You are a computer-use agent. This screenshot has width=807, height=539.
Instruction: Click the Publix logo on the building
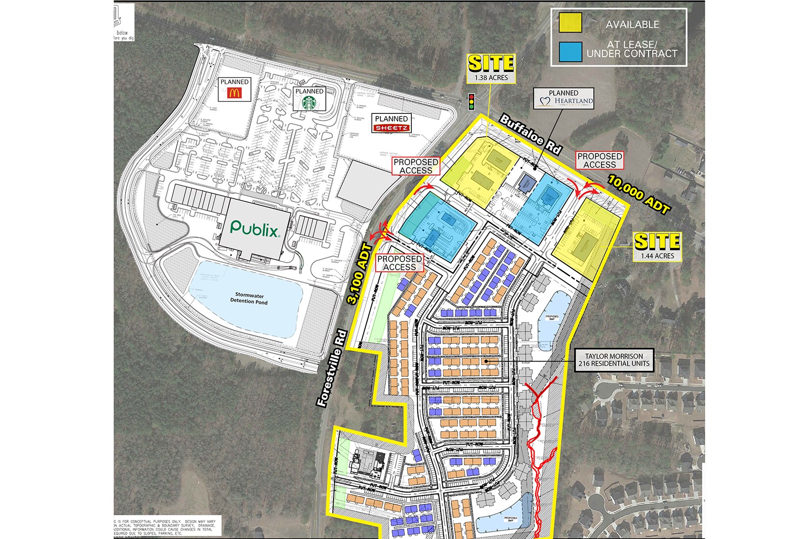255,228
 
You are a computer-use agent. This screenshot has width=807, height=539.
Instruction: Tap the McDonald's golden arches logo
234,92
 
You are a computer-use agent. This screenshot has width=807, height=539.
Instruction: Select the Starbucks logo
309,103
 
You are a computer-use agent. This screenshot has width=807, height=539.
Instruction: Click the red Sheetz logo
391,128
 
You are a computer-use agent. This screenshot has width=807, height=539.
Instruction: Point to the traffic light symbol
472,101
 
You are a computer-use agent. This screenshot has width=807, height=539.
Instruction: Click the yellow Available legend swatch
570,23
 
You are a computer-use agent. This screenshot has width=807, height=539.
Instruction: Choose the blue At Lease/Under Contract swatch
570,51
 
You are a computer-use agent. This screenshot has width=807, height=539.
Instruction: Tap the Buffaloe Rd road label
530,134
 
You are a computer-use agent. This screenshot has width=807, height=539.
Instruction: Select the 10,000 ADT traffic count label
638,195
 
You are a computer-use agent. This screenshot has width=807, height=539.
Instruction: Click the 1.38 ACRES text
491,78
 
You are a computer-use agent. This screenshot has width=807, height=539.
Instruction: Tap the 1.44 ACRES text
657,256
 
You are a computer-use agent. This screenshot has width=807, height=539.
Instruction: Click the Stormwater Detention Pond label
249,298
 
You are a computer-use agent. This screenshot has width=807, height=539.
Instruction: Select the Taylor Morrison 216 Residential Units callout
614,360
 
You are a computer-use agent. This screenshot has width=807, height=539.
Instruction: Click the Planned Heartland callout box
563,98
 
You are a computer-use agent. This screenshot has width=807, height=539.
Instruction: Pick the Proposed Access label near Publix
416,166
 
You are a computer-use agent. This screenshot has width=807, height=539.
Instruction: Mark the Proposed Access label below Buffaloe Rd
600,161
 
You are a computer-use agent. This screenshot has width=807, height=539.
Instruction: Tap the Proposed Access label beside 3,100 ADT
400,263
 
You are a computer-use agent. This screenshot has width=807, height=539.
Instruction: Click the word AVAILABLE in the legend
632,24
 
